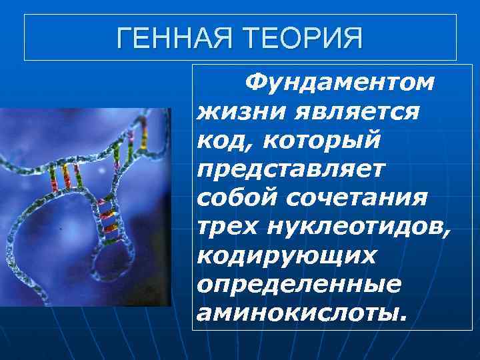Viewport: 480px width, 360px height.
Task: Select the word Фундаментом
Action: (x=339, y=83)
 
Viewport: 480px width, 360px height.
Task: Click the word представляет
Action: (x=291, y=169)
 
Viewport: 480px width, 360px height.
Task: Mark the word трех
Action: (x=227, y=227)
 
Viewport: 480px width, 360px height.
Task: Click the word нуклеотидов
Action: (x=357, y=227)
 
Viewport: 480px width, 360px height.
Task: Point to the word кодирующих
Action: (x=287, y=255)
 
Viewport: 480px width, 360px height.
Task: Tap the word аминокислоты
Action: (x=297, y=312)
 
